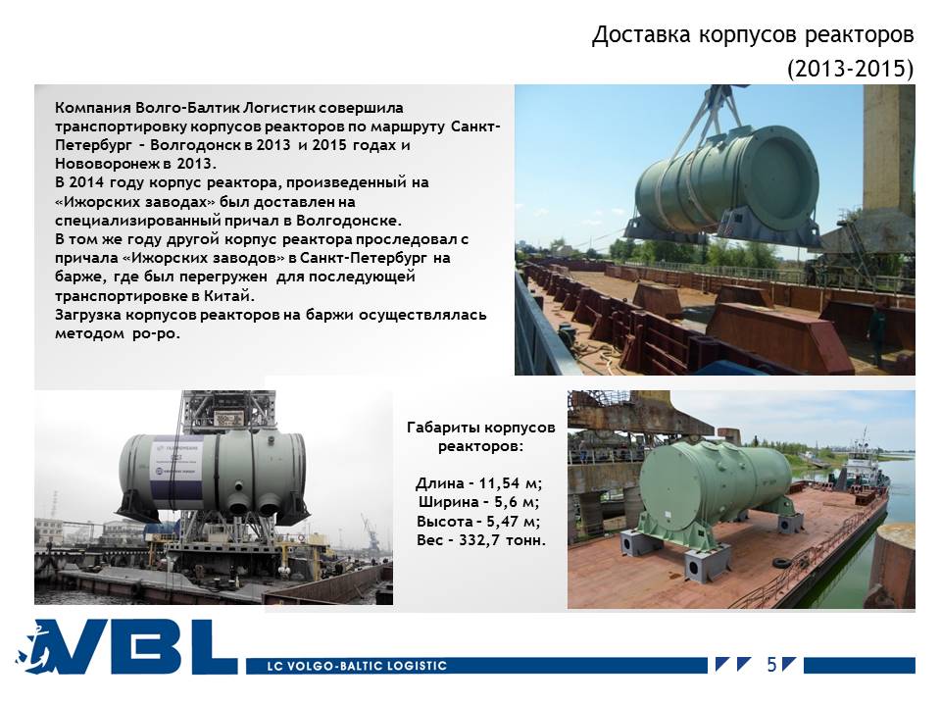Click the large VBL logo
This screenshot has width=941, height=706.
(126, 647)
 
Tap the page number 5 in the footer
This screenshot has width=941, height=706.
(771, 665)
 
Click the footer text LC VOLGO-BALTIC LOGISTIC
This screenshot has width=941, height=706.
(357, 666)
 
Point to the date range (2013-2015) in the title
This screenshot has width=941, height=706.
(851, 69)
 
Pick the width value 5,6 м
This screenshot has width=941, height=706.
(516, 502)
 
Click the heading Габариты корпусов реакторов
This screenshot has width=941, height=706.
(480, 437)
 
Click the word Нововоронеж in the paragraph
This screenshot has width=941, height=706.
(106, 164)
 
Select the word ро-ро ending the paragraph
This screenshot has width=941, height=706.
(156, 333)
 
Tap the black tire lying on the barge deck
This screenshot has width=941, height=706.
(780, 563)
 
